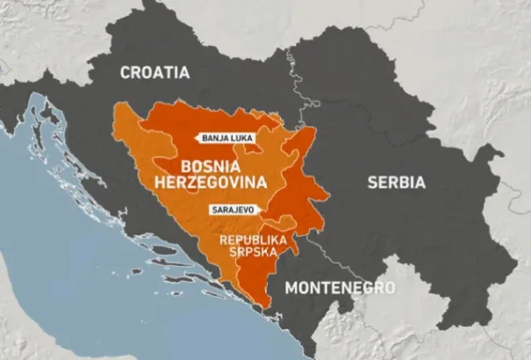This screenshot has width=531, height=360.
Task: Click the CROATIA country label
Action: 155,72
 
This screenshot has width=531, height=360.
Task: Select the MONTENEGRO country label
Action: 341,287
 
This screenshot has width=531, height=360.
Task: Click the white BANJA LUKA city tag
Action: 227,138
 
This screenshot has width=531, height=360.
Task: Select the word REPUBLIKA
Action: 251,239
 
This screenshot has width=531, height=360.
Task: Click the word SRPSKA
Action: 251,252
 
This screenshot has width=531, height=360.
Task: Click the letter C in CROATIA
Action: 126,72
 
